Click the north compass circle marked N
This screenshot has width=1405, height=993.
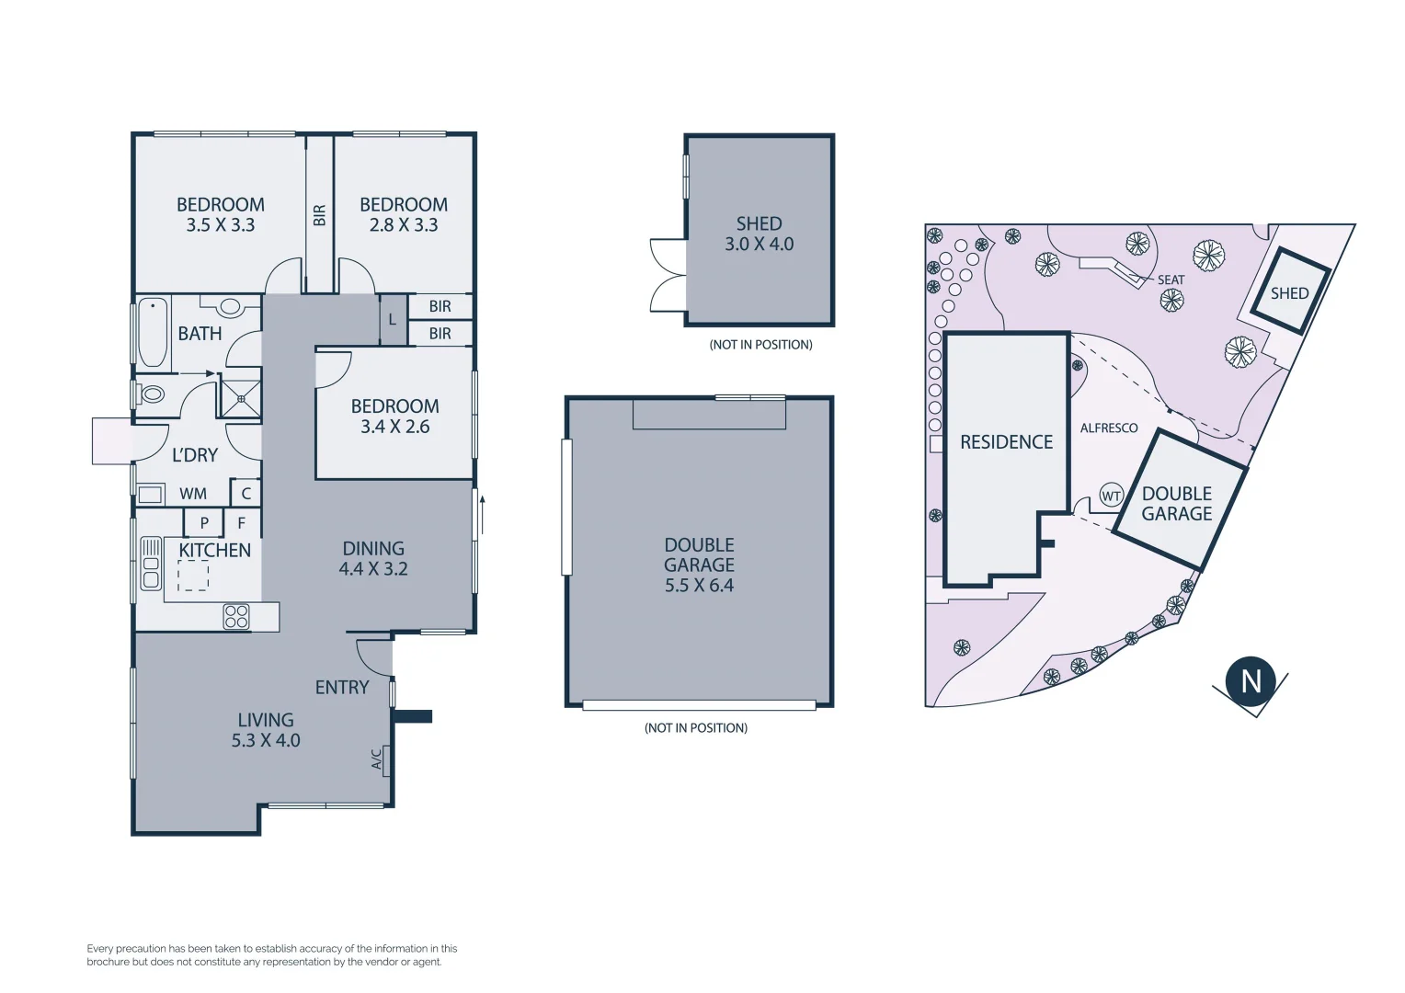(1251, 681)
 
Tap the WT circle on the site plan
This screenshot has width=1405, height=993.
(1111, 496)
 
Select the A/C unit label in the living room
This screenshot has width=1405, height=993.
(377, 759)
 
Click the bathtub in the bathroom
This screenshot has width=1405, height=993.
(153, 331)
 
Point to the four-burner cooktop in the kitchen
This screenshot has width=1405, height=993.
(236, 616)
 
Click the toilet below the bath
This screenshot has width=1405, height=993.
(151, 394)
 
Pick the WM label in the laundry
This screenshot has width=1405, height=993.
(193, 494)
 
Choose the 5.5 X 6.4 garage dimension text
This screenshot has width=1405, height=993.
(699, 586)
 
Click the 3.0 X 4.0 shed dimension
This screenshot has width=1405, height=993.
(759, 245)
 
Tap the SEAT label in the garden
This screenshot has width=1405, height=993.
(1171, 280)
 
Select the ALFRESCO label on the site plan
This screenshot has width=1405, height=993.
(1109, 428)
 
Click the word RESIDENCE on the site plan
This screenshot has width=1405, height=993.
(1006, 442)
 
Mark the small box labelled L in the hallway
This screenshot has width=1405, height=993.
(393, 320)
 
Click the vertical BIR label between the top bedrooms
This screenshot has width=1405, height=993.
(319, 215)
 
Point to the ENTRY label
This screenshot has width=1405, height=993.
(342, 688)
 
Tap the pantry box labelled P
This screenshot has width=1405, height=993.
(204, 522)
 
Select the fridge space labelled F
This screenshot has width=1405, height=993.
(242, 522)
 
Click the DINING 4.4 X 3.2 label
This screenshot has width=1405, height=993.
(373, 559)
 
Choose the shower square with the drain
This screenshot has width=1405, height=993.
(240, 399)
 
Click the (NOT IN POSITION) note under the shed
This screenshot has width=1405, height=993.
(760, 345)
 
